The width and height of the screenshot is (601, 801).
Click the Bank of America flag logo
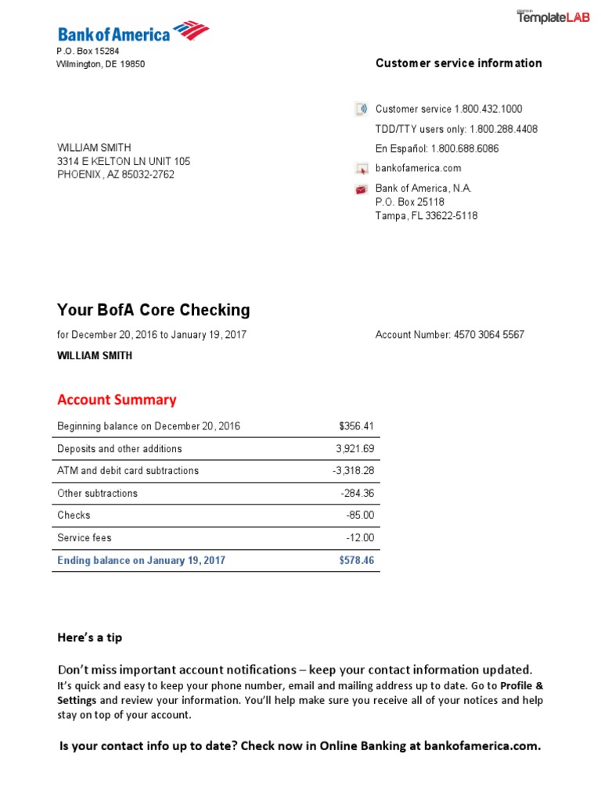[x=191, y=31]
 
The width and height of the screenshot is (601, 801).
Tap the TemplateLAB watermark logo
[x=553, y=17]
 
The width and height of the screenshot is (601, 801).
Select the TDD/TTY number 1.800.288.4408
[x=503, y=129]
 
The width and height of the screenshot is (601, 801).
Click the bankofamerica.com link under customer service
[x=418, y=168]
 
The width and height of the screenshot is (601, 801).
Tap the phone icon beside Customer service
[x=361, y=109]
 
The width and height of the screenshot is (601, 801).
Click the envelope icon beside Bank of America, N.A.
[x=361, y=189]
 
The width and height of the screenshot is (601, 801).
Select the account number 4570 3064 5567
[x=488, y=335]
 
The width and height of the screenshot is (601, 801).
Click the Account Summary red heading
[x=117, y=400]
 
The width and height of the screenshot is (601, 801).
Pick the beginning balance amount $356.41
[x=356, y=426]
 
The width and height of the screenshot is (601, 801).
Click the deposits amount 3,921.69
[x=354, y=449]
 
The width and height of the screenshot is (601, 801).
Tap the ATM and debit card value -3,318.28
[x=353, y=471]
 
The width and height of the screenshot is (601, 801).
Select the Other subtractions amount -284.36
[x=357, y=494]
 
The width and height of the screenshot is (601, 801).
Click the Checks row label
[x=74, y=515]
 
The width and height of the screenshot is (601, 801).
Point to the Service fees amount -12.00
[x=360, y=538]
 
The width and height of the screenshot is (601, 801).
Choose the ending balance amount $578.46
[x=356, y=561]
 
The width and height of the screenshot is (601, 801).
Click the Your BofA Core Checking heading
[x=153, y=310]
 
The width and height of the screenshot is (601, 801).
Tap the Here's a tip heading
[x=90, y=638]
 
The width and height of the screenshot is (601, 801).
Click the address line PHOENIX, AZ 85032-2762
[x=116, y=174]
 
